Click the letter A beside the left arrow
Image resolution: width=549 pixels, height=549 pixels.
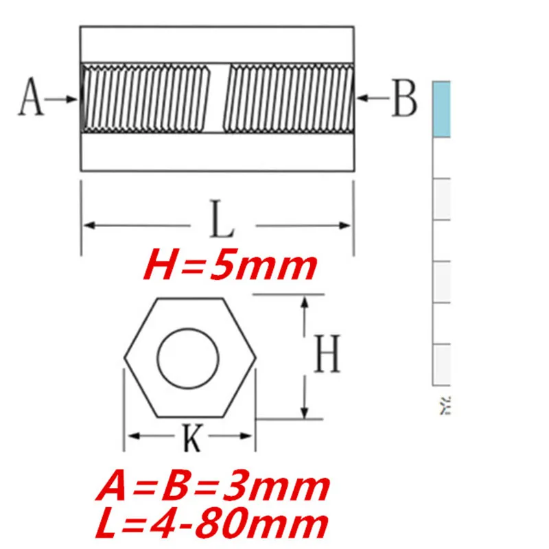pos(31,98)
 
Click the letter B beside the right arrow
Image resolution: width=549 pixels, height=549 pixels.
pos(404,98)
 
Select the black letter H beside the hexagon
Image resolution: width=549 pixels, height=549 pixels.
pos(327,357)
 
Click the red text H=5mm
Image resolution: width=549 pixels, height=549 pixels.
pos(230,267)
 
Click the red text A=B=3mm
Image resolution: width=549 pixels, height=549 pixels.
pos(213,487)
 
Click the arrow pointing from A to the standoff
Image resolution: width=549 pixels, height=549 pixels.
pos(63,98)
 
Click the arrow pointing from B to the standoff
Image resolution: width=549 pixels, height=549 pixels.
pos(373,98)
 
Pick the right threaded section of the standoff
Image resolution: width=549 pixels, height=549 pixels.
pos(290,98)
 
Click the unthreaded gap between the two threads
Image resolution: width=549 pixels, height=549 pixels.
pos(219,98)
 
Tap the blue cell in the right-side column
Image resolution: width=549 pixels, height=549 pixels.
pos(441,108)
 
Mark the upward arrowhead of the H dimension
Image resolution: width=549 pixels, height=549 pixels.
pos(304,302)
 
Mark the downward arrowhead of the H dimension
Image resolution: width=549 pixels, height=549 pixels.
pos(304,412)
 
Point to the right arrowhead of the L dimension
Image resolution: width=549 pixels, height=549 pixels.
pos(347,224)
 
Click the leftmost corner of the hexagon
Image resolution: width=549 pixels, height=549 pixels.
pos(125,358)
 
